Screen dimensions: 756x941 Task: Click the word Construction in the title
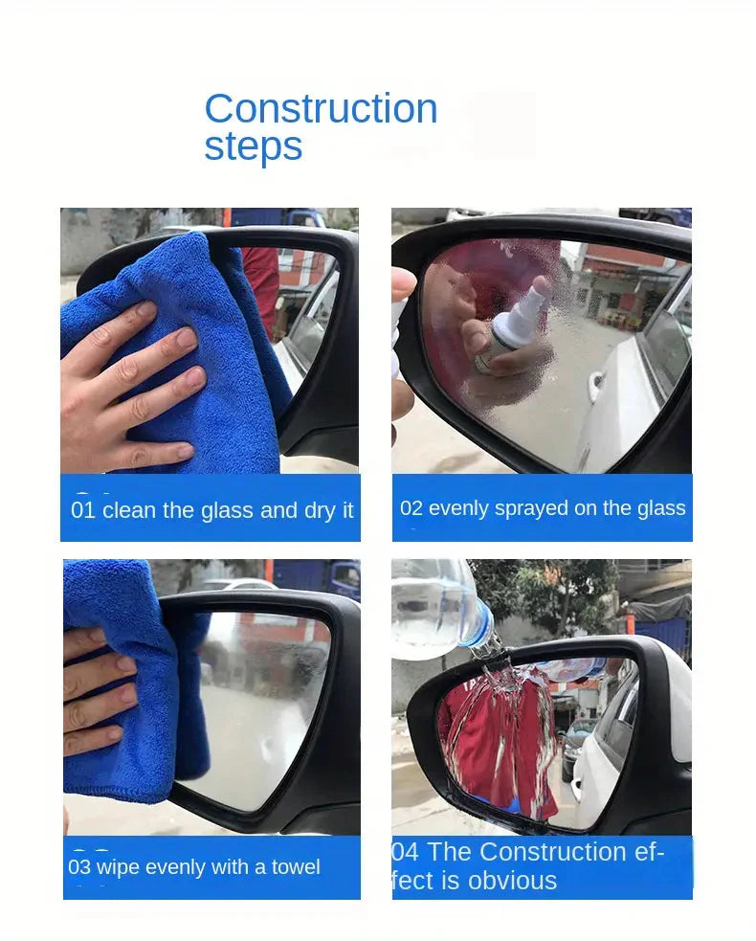(321, 108)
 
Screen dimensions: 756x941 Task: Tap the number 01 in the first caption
(83, 510)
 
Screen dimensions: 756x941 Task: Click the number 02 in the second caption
(411, 508)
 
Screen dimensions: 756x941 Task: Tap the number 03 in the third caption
(79, 867)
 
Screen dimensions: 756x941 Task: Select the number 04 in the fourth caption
(406, 852)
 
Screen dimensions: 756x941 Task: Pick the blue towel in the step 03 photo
(132, 684)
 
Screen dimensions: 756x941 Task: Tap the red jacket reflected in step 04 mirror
(498, 744)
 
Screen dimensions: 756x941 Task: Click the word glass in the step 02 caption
(661, 509)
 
